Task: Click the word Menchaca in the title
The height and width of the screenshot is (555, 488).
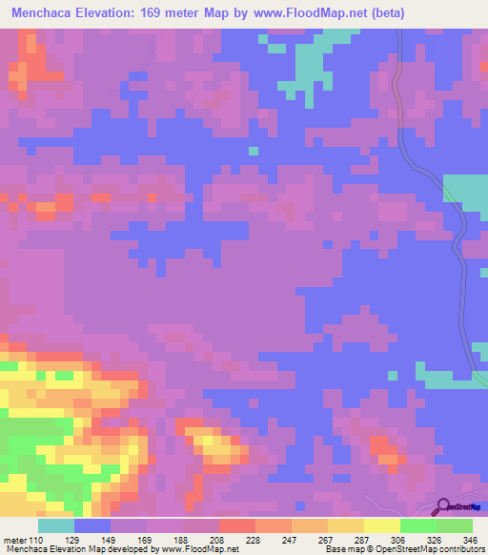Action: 46,13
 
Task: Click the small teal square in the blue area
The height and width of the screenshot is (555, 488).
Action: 253,150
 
